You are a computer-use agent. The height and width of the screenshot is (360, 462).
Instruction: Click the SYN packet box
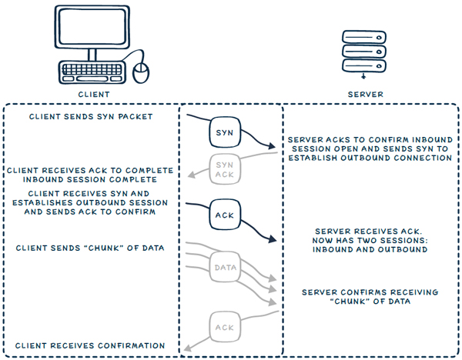224,132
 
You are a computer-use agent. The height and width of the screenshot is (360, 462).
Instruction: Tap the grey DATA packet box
224,268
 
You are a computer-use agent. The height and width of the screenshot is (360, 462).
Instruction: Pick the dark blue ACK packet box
224,215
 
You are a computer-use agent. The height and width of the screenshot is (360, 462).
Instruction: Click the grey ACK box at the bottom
224,328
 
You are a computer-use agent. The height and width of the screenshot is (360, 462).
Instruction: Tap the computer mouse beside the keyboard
140,72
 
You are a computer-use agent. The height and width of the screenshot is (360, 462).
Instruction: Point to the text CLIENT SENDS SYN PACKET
91,117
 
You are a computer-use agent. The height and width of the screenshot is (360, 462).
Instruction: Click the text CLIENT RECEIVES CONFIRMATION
90,345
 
